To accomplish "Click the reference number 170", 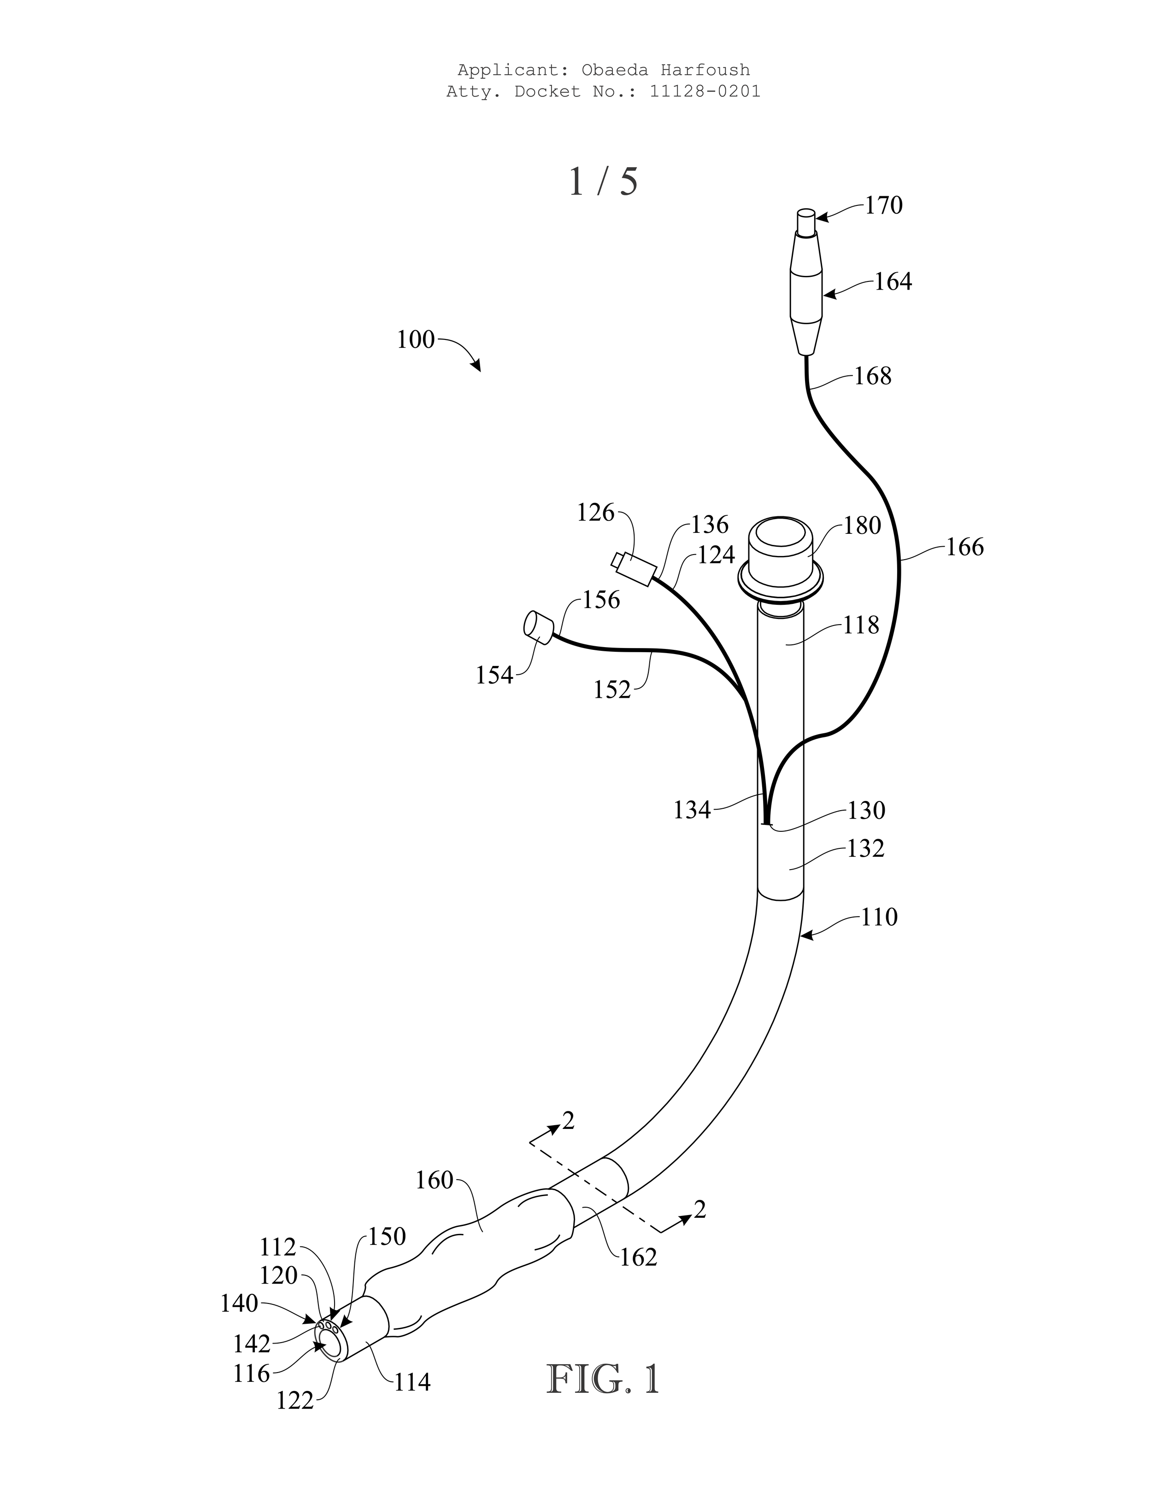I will tap(884, 205).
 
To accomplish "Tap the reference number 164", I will tap(893, 282).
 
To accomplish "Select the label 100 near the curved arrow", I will tap(416, 340).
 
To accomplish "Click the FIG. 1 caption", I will tap(603, 1379).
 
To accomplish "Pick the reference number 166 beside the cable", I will tap(964, 547).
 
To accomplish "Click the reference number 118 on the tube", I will tap(861, 625).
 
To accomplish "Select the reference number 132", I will tap(865, 849).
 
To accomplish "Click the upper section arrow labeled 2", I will tap(568, 1120).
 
